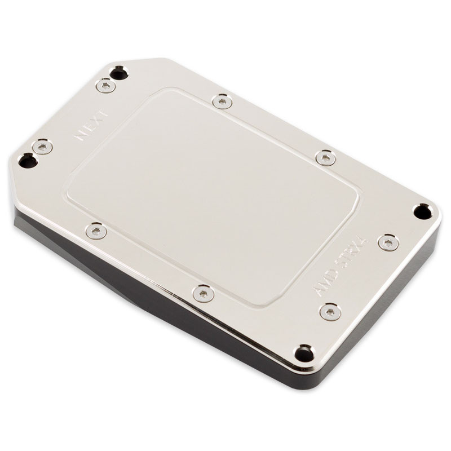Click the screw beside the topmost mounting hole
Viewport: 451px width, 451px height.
click(105, 86)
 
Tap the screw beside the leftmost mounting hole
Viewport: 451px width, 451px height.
click(42, 147)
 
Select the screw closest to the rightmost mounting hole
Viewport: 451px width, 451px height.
click(388, 242)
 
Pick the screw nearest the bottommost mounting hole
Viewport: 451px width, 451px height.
click(330, 311)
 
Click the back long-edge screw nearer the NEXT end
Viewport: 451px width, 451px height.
click(222, 101)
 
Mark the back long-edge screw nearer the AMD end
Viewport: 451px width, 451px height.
click(325, 158)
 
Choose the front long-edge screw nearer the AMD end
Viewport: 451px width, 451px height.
click(203, 293)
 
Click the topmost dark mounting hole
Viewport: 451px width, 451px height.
click(118, 72)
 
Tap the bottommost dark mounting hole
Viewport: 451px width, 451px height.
click(304, 353)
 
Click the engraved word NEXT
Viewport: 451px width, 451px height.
click(85, 129)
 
